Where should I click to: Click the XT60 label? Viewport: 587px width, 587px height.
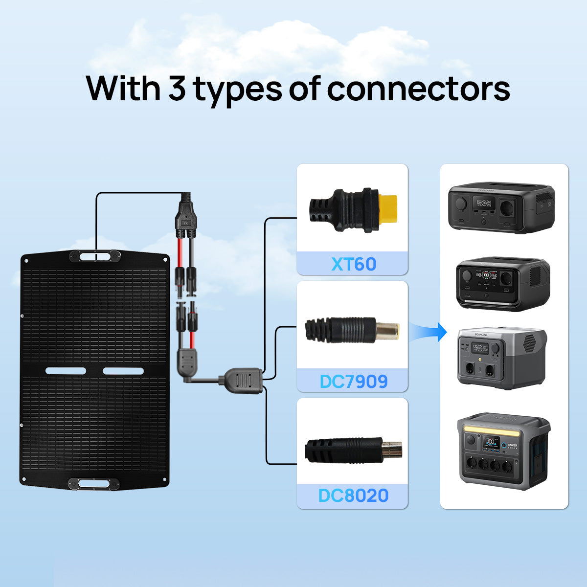(x=353, y=264)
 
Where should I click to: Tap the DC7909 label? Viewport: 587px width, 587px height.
(x=353, y=381)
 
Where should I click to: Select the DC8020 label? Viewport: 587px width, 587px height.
(x=353, y=496)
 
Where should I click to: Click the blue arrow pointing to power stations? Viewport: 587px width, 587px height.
(x=429, y=332)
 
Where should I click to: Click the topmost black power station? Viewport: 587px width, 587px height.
(x=501, y=207)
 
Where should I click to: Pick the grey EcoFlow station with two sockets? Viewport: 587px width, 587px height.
(x=502, y=359)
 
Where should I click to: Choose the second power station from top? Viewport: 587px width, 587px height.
(x=503, y=284)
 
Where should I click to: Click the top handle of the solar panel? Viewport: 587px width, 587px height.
(x=95, y=256)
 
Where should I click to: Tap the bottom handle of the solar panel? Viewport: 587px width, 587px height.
(x=94, y=484)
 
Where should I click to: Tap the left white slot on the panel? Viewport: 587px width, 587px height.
(x=66, y=371)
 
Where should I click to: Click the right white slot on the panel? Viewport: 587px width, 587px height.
(x=123, y=371)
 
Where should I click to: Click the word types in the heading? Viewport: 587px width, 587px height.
(x=238, y=90)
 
